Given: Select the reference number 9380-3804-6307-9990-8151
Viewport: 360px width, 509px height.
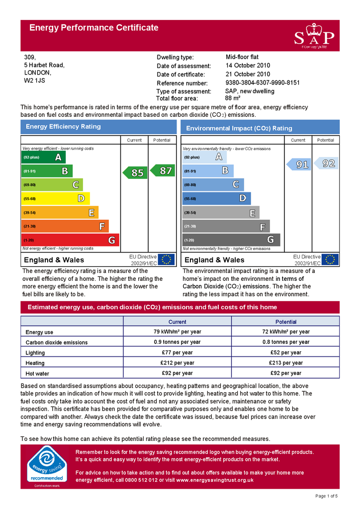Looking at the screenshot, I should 263,83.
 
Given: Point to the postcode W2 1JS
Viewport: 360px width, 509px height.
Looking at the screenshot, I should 35,80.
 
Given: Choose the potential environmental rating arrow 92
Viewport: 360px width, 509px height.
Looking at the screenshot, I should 327,163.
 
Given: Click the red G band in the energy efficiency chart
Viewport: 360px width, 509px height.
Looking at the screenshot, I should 71,240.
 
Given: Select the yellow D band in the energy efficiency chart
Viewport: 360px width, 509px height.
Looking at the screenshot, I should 56,199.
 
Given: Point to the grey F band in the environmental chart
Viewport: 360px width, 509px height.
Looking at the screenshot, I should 226,227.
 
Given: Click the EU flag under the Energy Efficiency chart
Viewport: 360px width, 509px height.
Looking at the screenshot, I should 166,259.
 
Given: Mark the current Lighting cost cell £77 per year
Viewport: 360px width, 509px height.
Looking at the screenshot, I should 178,352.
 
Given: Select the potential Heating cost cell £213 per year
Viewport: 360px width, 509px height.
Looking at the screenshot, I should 286,363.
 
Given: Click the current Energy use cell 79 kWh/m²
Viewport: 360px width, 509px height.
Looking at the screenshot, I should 178,332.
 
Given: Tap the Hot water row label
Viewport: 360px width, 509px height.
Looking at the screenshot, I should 37,374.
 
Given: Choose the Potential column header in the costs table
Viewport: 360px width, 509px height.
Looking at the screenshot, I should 286,322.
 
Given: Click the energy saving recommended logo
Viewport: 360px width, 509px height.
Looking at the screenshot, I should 46,466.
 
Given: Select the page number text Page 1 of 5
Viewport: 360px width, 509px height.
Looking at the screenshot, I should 327,496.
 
